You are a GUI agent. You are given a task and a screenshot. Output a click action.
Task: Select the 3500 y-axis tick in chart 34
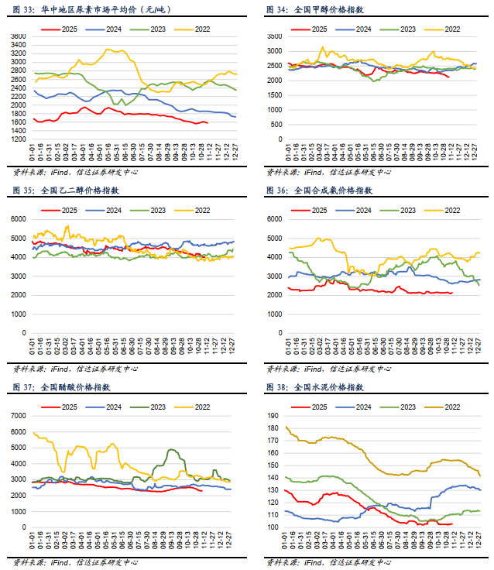pos(272,36)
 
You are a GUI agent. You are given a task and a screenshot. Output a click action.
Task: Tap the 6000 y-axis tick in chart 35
pos(19,219)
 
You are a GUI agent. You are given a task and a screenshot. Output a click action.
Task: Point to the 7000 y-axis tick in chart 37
pos(19,415)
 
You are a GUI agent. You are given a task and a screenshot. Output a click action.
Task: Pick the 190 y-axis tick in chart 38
pos(273,415)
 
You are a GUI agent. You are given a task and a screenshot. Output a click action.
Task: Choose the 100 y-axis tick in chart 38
pos(273,527)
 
